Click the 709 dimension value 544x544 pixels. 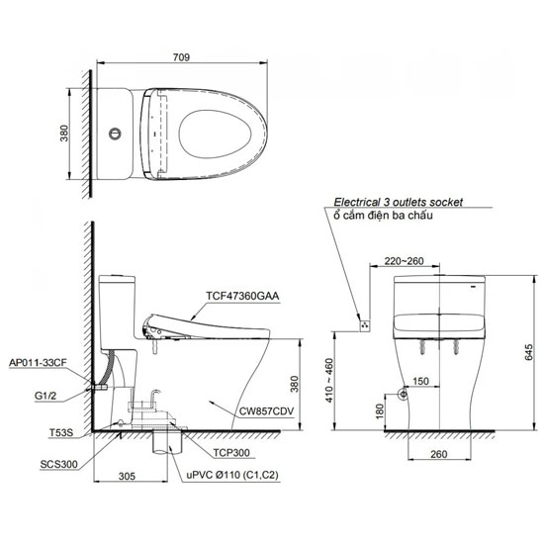(x=181, y=57)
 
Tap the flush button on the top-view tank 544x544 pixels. (x=115, y=134)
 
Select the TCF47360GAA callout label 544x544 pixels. (x=242, y=296)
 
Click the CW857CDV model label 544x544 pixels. (x=266, y=411)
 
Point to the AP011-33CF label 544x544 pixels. (x=38, y=363)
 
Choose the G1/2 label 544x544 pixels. (x=45, y=396)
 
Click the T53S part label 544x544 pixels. (x=61, y=432)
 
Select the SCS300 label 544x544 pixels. (x=59, y=464)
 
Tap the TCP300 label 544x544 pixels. (x=231, y=453)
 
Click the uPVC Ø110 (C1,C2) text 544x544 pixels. (x=232, y=475)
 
